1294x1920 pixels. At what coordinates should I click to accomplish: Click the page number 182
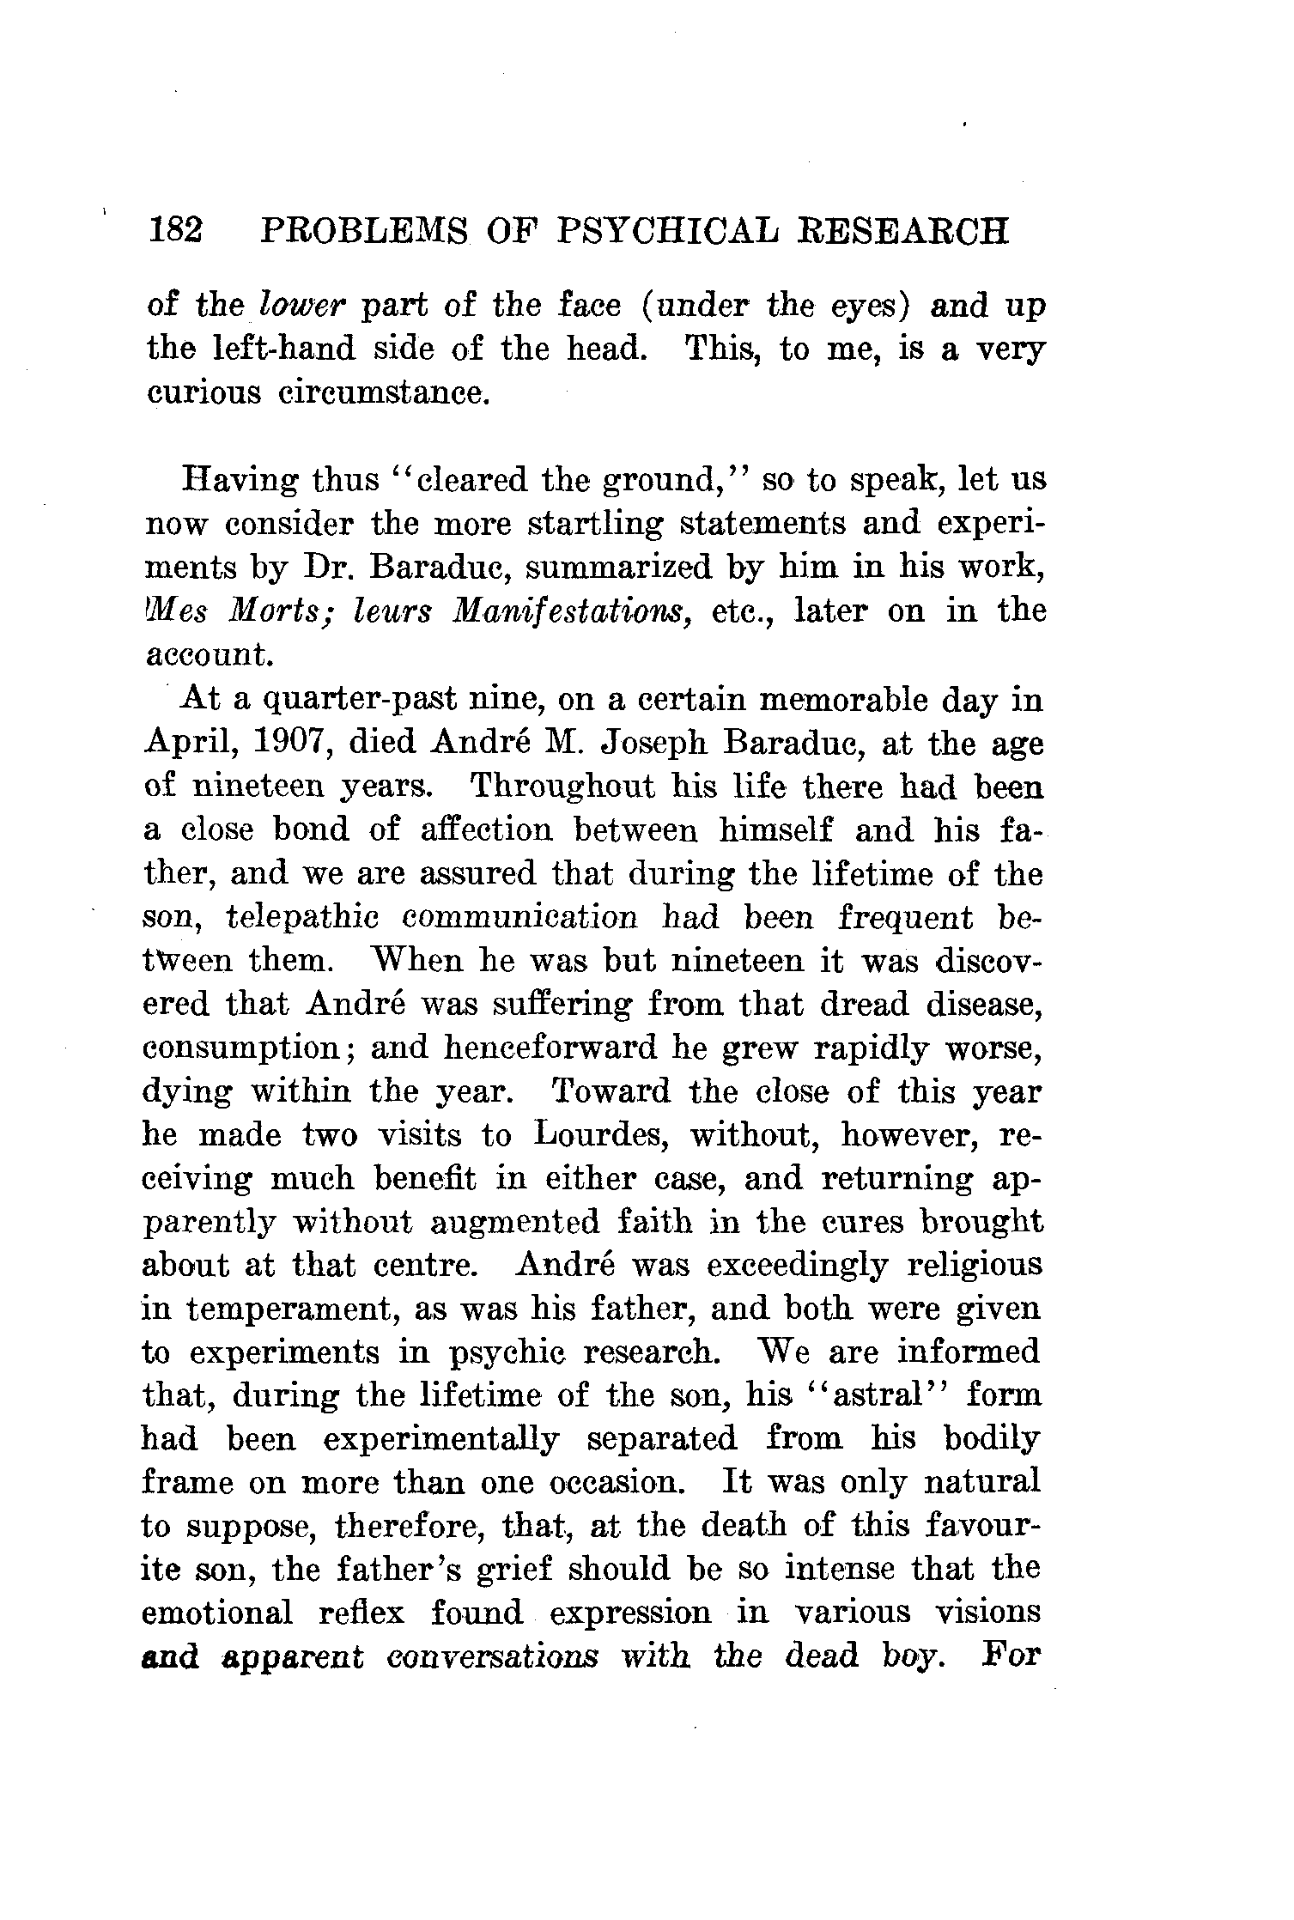tap(176, 232)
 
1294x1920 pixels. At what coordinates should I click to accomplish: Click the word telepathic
tap(301, 918)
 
